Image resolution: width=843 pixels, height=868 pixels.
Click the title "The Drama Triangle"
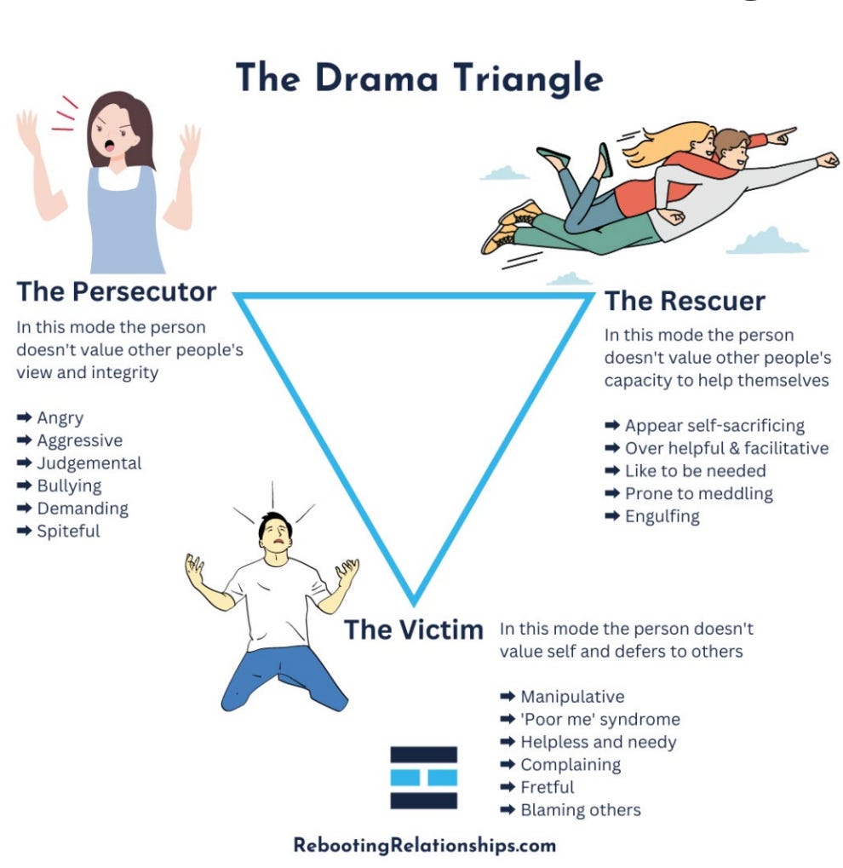tap(419, 78)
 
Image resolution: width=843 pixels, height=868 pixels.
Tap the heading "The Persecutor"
tap(117, 292)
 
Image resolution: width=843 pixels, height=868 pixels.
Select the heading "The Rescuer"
tap(685, 301)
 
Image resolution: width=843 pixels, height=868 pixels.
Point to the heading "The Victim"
tap(413, 630)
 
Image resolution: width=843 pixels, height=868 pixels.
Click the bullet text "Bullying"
tap(69, 486)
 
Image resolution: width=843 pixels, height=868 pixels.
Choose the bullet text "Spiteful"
tap(68, 531)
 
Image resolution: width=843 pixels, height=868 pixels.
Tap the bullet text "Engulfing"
tap(662, 516)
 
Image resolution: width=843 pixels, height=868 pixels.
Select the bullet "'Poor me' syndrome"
tap(600, 720)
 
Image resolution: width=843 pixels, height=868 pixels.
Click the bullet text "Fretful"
tap(548, 787)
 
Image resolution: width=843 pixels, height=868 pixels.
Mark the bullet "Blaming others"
tap(581, 809)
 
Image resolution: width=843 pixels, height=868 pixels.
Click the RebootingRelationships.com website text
tap(424, 846)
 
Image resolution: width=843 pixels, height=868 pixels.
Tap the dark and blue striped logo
tap(423, 777)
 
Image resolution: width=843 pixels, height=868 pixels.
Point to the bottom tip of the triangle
tap(414, 601)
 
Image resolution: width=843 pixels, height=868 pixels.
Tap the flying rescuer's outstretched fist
tap(827, 159)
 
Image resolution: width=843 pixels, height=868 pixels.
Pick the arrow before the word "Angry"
tap(24, 418)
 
